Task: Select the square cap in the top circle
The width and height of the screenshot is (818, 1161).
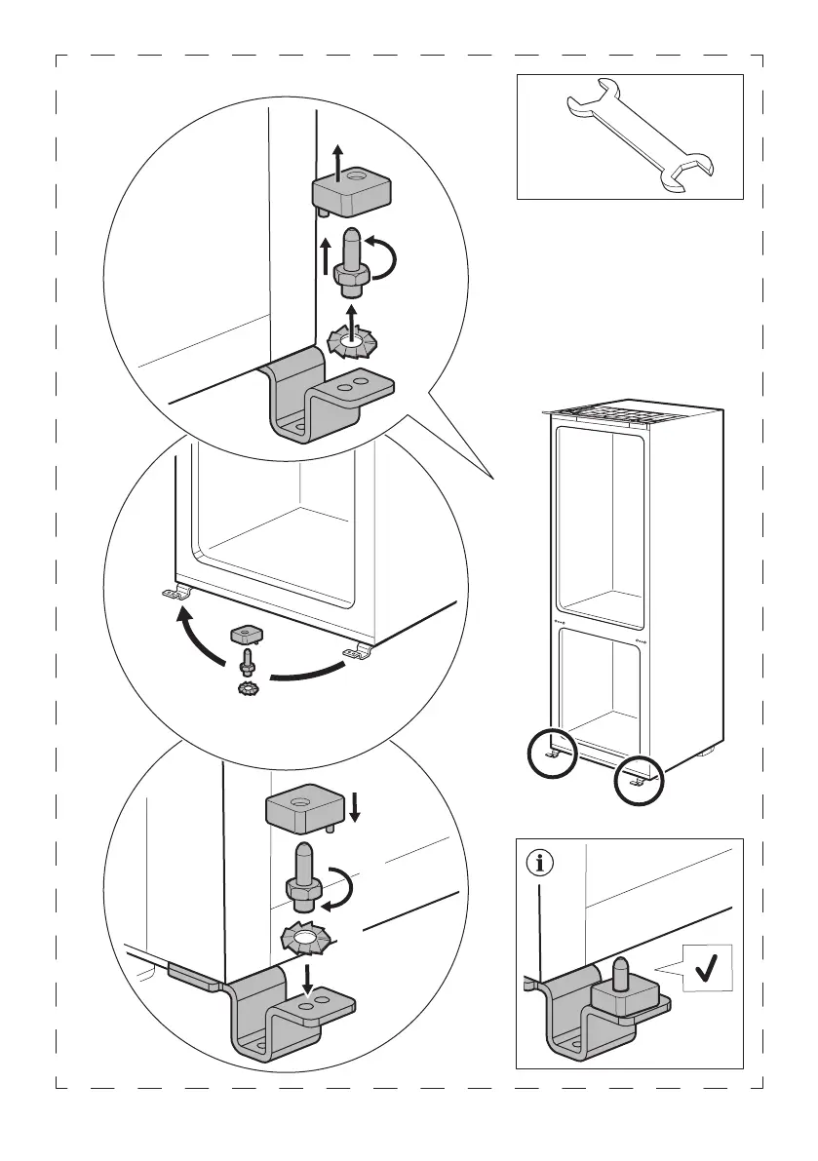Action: pyautogui.click(x=352, y=191)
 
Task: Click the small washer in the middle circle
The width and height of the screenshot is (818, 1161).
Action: pyautogui.click(x=247, y=689)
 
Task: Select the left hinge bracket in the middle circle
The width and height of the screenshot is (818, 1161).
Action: pyautogui.click(x=177, y=593)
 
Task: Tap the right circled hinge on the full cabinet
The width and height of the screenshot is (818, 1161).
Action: pyautogui.click(x=639, y=780)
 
